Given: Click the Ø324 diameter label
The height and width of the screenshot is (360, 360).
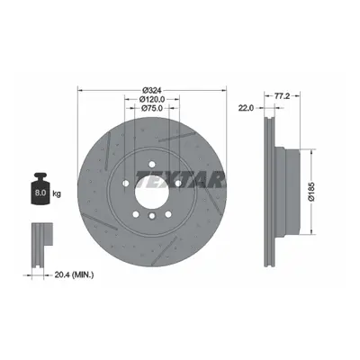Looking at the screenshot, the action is click(152, 90).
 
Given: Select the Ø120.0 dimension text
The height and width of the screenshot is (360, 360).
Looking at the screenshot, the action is click(152, 99).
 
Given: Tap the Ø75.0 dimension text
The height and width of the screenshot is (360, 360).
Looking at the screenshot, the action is click(152, 108).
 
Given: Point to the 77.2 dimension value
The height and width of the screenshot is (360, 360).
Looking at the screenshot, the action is click(282, 96).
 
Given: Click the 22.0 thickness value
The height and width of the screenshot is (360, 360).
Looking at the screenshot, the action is click(246, 108).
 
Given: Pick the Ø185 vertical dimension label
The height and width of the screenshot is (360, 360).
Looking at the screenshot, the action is click(311, 192).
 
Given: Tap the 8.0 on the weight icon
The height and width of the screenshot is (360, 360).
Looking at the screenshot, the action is click(40, 193).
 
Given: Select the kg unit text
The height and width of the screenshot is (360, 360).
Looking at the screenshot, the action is click(57, 193).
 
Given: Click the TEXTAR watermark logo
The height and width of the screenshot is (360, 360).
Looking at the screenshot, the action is click(180, 180).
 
